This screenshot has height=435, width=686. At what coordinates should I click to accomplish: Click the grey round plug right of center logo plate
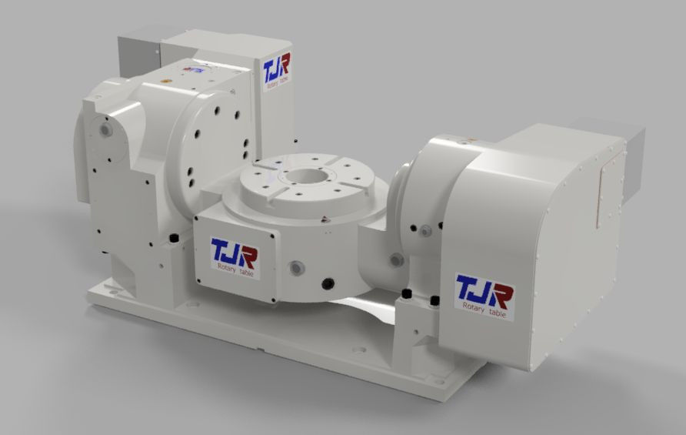click(295, 267)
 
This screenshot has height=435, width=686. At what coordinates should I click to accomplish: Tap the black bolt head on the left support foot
click(174, 236)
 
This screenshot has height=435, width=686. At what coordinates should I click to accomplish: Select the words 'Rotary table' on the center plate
click(235, 267)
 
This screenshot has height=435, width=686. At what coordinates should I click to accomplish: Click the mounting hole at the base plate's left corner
click(105, 293)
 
